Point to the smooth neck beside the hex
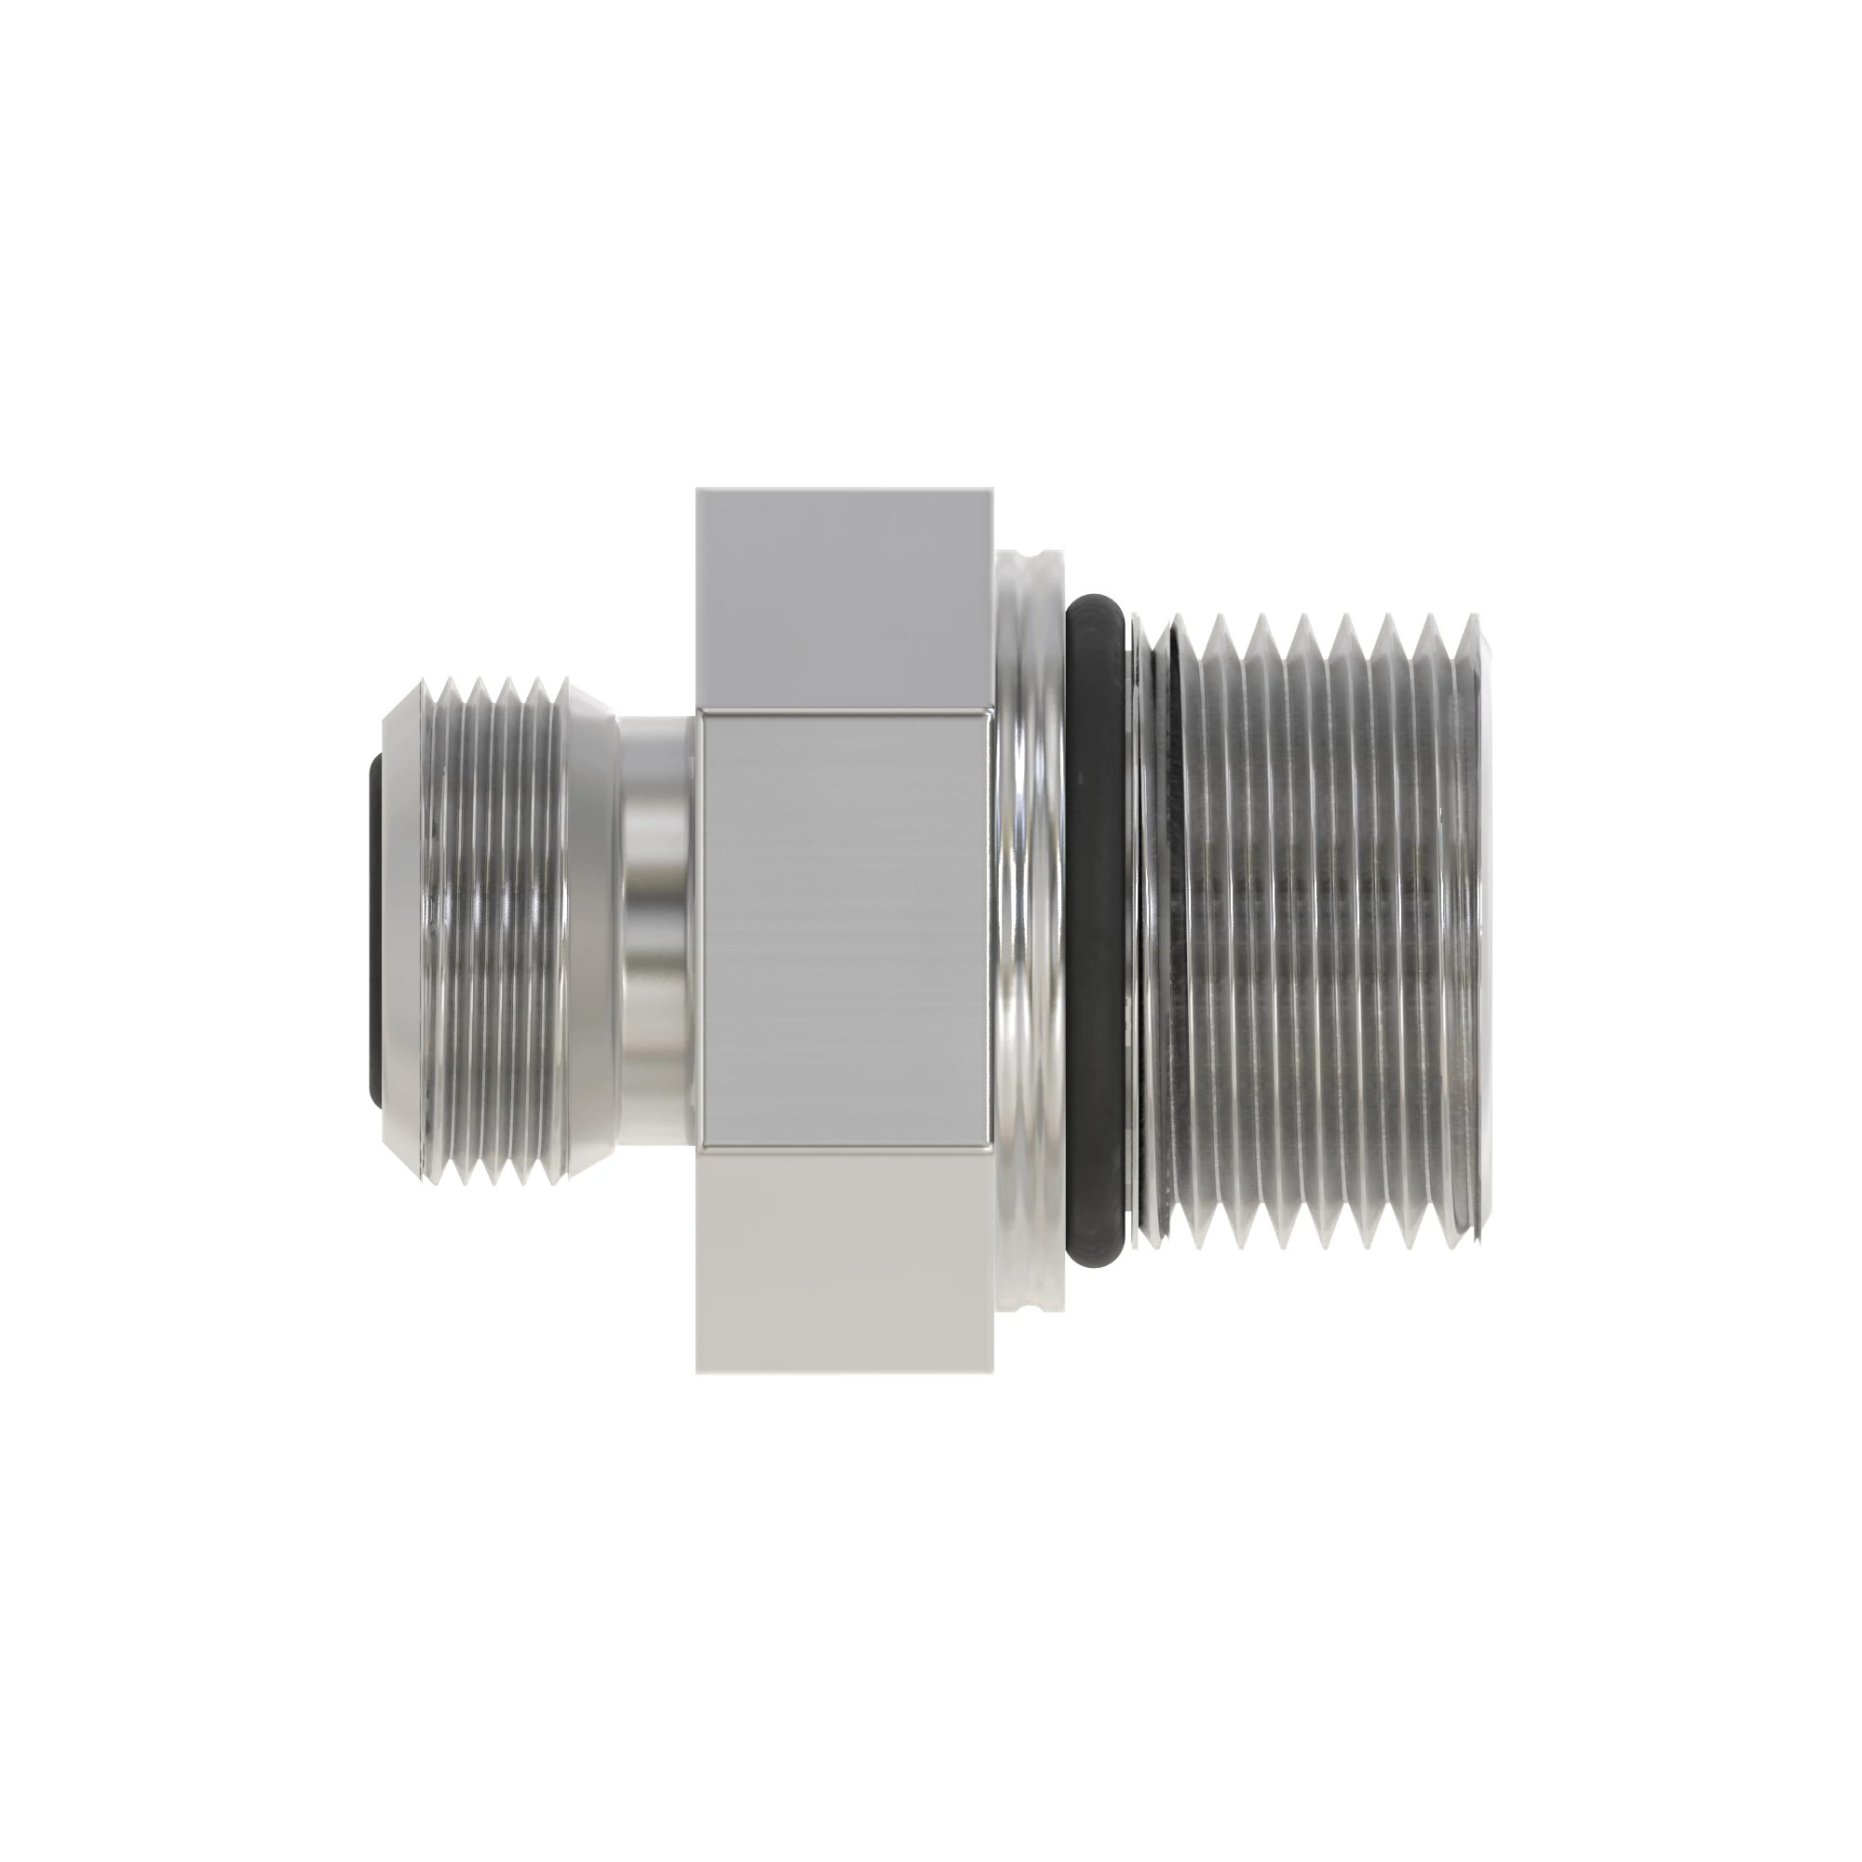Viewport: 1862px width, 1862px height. pyautogui.click(x=655, y=929)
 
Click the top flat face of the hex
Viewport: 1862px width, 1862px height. pyautogui.click(x=843, y=598)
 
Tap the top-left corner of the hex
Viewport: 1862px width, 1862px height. pyautogui.click(x=697, y=490)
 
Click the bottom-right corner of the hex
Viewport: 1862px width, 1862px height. pyautogui.click(x=992, y=1371)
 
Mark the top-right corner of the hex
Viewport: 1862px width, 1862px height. pyautogui.click(x=992, y=490)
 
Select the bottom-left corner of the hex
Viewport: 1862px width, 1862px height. pyautogui.click(x=697, y=1371)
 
